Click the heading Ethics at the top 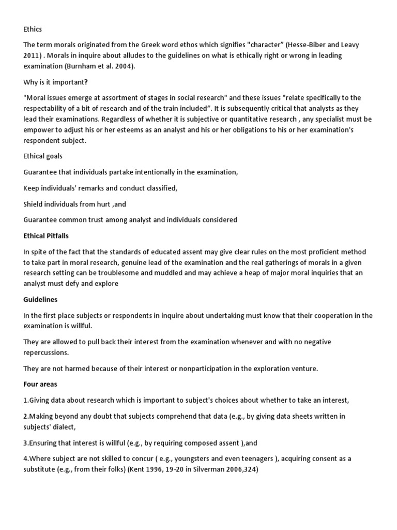[x=33, y=30]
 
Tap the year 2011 [x=33, y=55]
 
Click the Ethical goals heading [x=43, y=155]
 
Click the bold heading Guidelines [x=40, y=299]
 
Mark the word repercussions [x=45, y=352]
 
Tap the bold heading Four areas [x=40, y=384]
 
